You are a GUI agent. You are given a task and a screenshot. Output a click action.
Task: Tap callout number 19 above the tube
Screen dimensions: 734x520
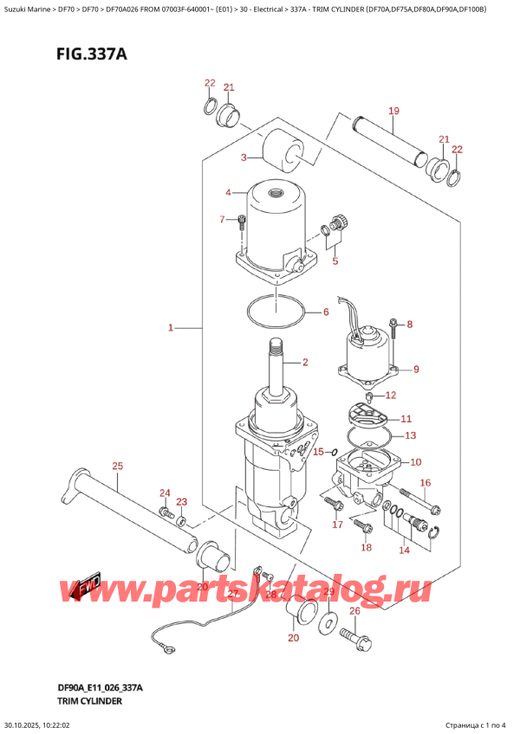(393, 111)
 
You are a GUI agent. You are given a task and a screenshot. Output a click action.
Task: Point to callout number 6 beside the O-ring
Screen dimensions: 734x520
(326, 312)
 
